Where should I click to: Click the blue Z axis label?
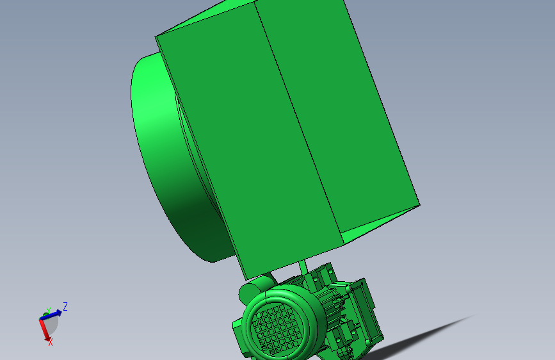65,307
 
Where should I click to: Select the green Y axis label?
49,311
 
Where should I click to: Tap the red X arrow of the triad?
45,331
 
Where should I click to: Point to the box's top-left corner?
157,37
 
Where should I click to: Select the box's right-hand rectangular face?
339,109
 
